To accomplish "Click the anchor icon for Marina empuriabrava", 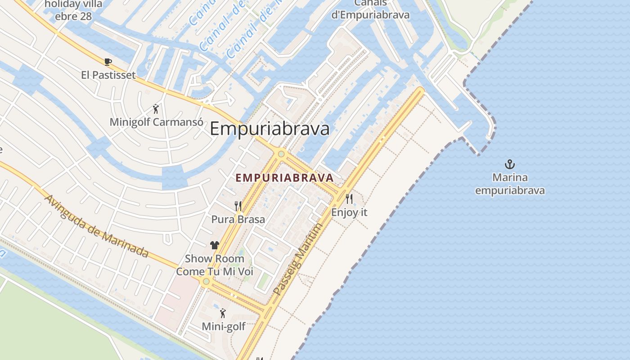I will [509, 164].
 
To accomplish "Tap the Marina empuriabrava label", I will [510, 184].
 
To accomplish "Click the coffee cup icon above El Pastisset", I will [108, 62].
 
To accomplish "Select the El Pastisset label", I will [108, 75].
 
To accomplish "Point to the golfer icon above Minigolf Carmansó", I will [156, 109].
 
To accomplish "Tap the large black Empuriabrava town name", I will [270, 129].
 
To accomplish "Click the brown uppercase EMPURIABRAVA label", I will [284, 178].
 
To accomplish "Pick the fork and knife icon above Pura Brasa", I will [238, 206].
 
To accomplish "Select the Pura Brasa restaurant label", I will [238, 220].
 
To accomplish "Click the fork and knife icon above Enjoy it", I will [349, 198].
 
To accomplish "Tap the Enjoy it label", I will [349, 212].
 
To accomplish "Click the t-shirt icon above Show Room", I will [215, 245].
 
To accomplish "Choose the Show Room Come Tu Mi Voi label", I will [215, 265].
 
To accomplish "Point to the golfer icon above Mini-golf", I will [223, 313].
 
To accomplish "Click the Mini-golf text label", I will [223, 326].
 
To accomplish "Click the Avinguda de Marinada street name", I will [96, 226].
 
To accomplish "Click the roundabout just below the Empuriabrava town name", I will [281, 154].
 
